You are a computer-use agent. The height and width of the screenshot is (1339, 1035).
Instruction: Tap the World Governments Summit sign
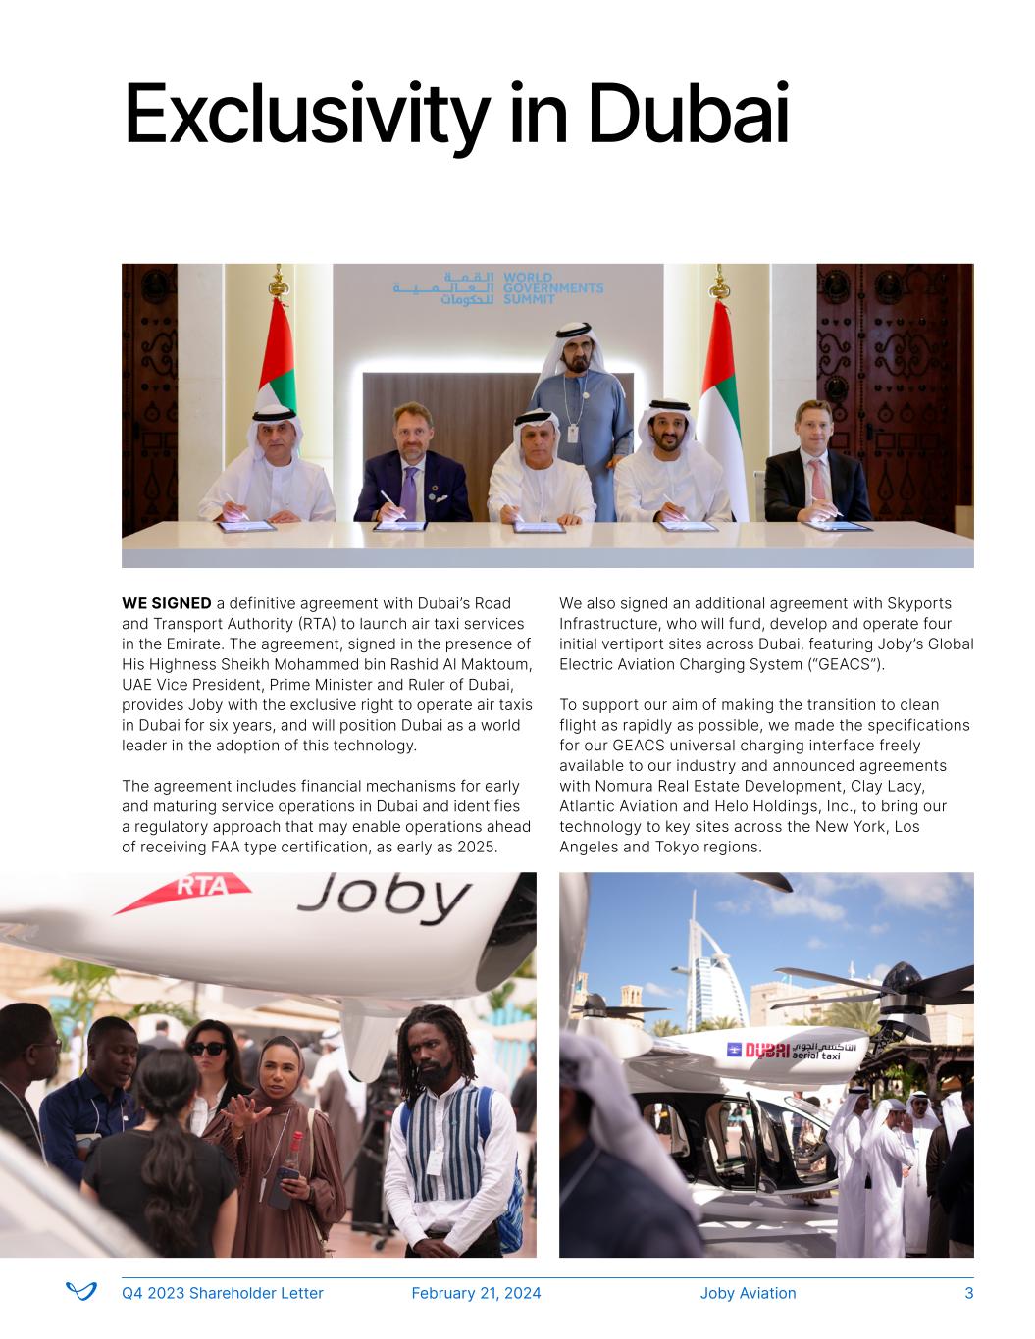498,288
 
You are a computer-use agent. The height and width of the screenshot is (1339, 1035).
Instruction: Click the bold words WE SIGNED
166,603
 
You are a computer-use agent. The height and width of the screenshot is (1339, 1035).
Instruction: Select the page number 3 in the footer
969,1293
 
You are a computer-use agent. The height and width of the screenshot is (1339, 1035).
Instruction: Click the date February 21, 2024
476,1293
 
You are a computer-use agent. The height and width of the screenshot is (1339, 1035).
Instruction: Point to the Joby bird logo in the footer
80,1292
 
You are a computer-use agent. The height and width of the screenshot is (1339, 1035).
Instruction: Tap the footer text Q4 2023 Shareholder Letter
223,1293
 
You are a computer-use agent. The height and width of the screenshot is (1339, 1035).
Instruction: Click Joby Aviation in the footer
748,1293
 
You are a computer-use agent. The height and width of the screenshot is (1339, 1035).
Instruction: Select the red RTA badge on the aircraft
201,888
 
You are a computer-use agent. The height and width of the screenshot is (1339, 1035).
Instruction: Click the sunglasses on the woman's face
206,1048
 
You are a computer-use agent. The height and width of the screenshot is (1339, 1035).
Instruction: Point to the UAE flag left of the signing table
278,363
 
